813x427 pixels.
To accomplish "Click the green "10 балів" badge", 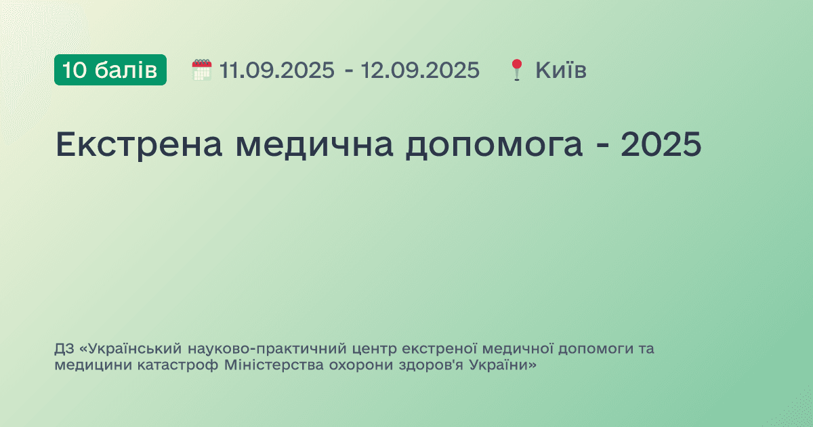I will pos(110,70).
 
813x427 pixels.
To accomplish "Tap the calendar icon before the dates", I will pos(201,70).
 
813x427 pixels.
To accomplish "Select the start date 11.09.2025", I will pos(272,70).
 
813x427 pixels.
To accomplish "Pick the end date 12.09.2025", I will pos(420,70).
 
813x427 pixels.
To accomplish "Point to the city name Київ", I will pos(561,70).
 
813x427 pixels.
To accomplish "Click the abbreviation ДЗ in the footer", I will pos(64,350).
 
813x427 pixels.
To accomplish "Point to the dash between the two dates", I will pos(348,70).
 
